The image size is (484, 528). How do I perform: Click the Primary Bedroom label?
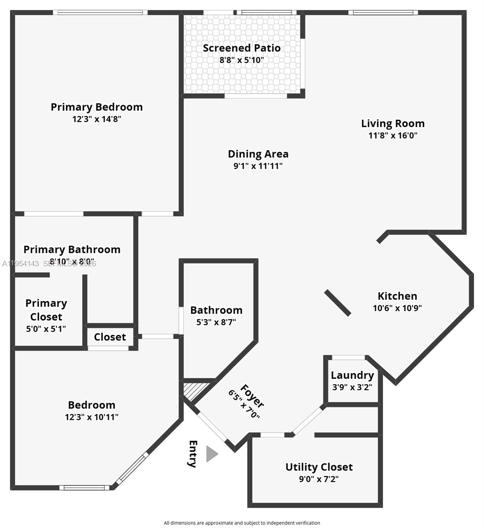click(97, 107)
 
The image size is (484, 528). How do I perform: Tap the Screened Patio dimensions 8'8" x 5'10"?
click(242, 60)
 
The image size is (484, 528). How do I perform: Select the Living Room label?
click(393, 124)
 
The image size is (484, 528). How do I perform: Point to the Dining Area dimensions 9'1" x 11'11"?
click(258, 166)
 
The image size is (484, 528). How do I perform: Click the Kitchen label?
click(397, 296)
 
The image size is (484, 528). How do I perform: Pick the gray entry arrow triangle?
click(211, 454)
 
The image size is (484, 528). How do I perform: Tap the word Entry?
click(193, 454)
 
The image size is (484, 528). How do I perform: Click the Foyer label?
click(252, 396)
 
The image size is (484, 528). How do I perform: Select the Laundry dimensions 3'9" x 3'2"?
click(352, 388)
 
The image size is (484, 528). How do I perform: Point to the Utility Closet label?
click(319, 467)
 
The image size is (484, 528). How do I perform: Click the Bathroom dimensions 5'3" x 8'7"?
click(216, 322)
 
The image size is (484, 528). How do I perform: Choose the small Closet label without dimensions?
click(110, 337)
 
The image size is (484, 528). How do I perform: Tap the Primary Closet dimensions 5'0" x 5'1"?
click(46, 329)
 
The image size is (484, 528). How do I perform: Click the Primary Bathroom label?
click(72, 249)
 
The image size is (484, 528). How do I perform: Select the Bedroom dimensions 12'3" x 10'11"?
click(91, 417)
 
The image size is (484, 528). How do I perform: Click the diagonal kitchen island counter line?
click(338, 303)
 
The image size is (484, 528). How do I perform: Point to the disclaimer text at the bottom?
click(242, 523)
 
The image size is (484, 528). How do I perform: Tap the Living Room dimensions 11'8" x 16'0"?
click(393, 136)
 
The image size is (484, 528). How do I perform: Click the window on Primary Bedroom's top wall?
click(100, 12)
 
